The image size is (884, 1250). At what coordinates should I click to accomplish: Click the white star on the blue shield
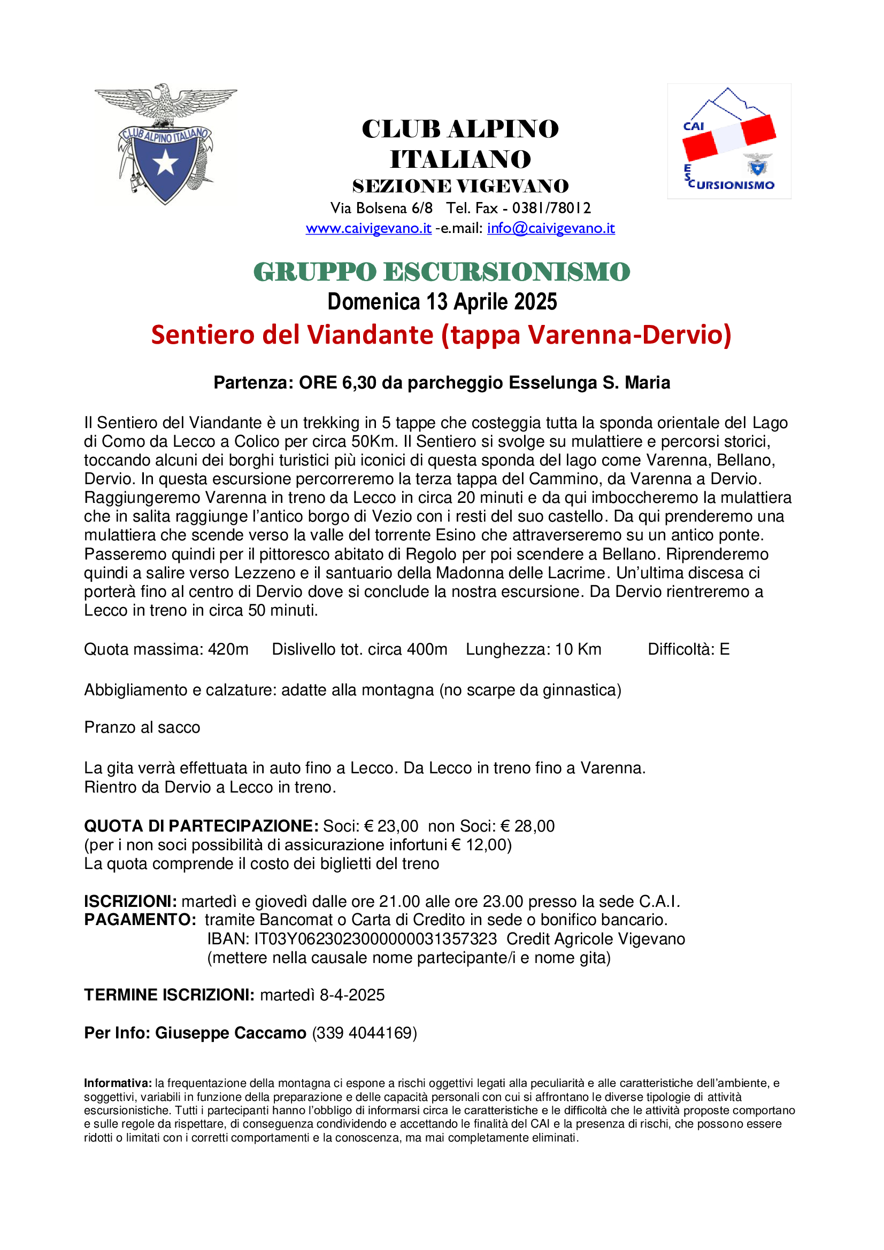pyautogui.click(x=165, y=163)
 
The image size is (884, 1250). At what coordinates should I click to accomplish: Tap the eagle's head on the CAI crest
pyautogui.click(x=161, y=90)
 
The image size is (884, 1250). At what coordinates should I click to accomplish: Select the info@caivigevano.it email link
pyautogui.click(x=551, y=228)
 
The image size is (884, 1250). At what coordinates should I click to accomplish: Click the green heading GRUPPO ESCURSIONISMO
pyautogui.click(x=442, y=272)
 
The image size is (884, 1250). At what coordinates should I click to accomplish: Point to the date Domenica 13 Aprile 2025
pyautogui.click(x=442, y=302)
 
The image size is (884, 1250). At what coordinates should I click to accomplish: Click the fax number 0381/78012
pyautogui.click(x=551, y=208)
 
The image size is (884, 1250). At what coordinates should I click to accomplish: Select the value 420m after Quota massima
pyautogui.click(x=228, y=649)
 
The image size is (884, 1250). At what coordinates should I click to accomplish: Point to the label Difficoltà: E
pyautogui.click(x=688, y=649)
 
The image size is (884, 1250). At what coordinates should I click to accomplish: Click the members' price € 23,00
pyautogui.click(x=391, y=826)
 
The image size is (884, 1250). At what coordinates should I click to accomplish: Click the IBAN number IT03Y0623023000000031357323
pyautogui.click(x=375, y=939)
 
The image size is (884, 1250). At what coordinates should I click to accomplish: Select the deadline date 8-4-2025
pyautogui.click(x=352, y=995)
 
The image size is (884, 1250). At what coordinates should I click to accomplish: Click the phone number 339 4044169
pyautogui.click(x=364, y=1034)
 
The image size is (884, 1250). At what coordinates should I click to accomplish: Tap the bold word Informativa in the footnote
pyautogui.click(x=118, y=1083)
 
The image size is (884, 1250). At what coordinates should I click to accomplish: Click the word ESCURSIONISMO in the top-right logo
pyautogui.click(x=732, y=184)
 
